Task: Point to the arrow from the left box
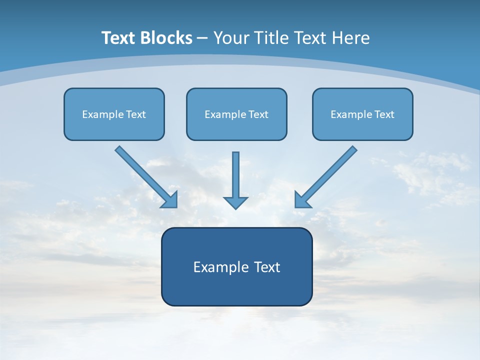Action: [142, 173]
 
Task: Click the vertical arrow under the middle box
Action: [235, 175]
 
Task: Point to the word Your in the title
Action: [231, 38]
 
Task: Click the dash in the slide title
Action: [202, 38]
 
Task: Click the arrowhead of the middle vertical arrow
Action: [235, 202]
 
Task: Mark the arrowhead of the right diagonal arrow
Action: [301, 200]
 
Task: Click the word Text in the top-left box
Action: [135, 114]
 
